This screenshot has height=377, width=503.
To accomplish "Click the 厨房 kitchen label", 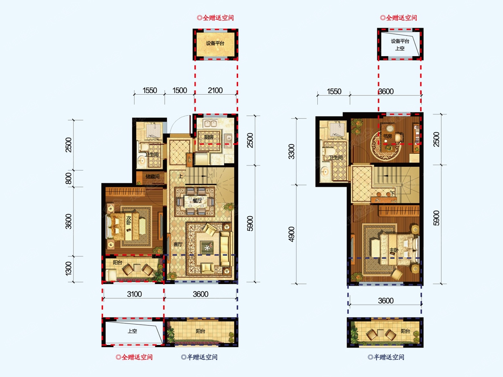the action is pos(208,137).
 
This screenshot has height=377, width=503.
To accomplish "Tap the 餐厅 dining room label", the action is pos(197,201).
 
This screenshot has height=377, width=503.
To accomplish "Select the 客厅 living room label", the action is pos(178,244).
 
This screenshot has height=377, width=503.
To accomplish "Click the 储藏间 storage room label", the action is pos(153,176).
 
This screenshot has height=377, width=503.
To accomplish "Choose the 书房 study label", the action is pos(387,136).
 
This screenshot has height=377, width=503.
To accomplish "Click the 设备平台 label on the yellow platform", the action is pos(215,43).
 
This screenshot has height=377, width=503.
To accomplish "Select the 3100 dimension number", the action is pos(134,294).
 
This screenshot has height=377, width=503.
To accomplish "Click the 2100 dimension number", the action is pos(215,90).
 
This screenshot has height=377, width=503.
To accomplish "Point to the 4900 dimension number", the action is pos(291,234).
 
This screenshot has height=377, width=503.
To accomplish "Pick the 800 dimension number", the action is pos(68,178).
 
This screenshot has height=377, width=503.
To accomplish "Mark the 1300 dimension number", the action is pos(68,269).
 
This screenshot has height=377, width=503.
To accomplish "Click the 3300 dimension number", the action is pos(291,152).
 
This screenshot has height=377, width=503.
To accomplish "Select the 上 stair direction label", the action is pos(181,176).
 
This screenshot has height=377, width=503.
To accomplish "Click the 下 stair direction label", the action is pos(393,194).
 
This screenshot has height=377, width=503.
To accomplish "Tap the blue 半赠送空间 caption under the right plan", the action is pos(386,357).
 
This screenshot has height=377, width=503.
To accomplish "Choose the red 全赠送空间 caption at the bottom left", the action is pos(134,357).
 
